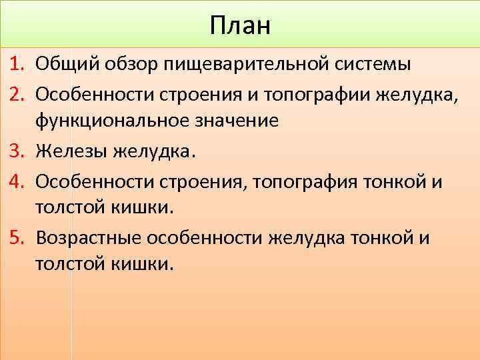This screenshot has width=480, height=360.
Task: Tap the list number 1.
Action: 18,65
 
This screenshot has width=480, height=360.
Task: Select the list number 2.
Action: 18,93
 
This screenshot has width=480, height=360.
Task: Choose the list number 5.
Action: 18,237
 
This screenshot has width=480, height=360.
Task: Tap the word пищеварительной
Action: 243,65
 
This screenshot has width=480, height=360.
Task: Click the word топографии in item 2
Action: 314,93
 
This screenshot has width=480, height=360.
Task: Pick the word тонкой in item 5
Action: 388,237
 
